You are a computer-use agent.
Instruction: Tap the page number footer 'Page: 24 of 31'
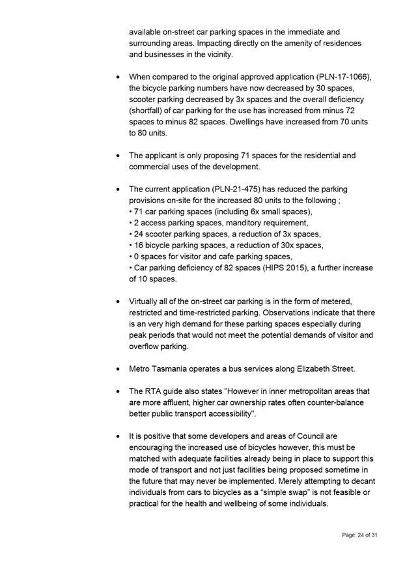tap(359, 535)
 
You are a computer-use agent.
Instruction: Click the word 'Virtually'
tap(146, 301)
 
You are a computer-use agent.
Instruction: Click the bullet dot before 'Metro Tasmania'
tap(117, 369)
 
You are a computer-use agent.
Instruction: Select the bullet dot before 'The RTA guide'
tap(117, 392)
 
